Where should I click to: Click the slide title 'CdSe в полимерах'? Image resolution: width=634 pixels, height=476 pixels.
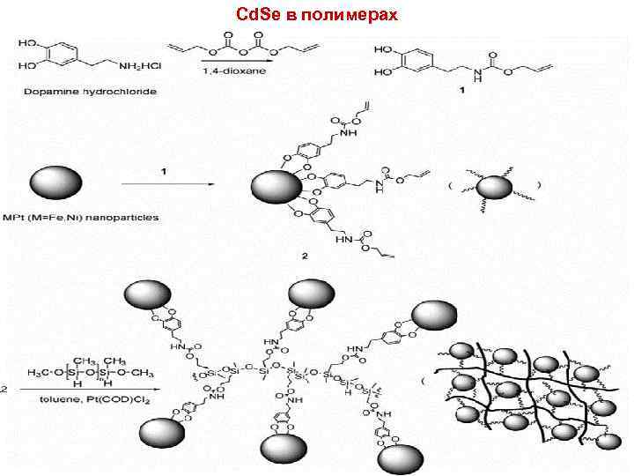point(317,16)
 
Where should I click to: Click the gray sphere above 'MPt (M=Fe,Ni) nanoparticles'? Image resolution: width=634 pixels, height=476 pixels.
point(57,184)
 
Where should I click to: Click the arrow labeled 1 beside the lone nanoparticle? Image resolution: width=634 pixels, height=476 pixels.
point(168,183)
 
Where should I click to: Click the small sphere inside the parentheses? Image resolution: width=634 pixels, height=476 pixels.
point(494,188)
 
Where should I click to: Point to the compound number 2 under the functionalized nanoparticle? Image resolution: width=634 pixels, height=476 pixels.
point(304,256)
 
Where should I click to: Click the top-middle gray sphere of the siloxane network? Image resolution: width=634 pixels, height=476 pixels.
point(311,293)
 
